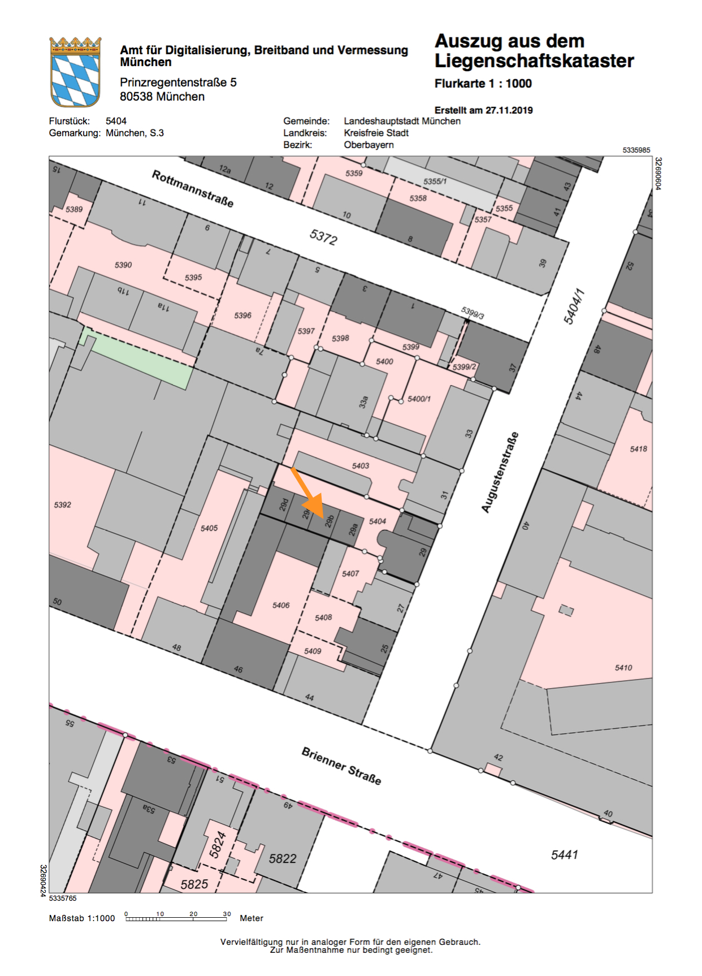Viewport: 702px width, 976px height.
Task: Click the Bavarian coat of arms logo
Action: click(75, 72)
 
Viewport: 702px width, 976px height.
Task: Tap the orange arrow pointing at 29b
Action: click(307, 491)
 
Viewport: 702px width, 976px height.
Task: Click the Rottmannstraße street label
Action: click(193, 189)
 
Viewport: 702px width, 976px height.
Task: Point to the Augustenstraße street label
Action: click(500, 472)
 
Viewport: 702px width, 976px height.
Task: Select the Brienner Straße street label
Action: click(341, 766)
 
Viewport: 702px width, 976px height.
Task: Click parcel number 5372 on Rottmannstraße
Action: click(323, 237)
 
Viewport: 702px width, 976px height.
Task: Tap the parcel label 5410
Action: click(623, 668)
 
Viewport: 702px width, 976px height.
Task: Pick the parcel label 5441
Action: click(565, 855)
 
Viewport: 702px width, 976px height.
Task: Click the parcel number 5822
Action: click(283, 858)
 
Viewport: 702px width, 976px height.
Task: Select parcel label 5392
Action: click(63, 505)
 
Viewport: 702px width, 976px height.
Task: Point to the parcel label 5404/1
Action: click(574, 307)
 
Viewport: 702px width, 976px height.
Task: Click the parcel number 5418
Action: click(639, 449)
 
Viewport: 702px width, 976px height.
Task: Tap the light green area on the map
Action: click(136, 356)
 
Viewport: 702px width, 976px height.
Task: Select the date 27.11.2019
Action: click(509, 110)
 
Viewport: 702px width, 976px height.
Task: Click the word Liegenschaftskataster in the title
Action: click(534, 61)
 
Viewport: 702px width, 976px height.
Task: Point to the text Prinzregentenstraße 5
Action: click(178, 83)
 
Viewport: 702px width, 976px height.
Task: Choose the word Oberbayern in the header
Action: click(369, 145)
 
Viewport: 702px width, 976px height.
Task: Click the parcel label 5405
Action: click(209, 528)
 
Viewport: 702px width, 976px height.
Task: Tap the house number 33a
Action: click(363, 402)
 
